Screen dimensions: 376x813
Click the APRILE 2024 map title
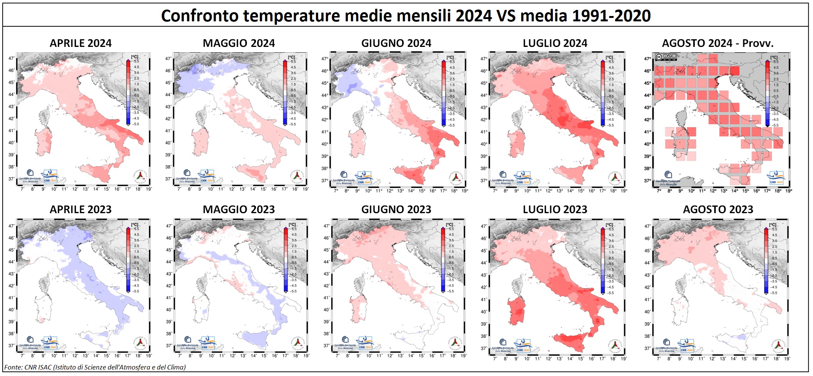coord(80,43)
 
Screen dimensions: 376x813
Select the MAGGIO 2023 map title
coord(238,210)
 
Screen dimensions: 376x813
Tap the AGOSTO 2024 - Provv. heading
coord(718,43)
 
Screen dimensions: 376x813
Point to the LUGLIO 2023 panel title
coord(555,210)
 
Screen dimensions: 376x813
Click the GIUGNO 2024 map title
coord(396,43)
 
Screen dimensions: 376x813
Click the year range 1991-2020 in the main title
coord(612,16)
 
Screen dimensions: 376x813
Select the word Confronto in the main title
coord(200,16)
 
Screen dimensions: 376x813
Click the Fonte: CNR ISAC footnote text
coord(95,367)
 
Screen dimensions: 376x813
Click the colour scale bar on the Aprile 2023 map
coord(128,259)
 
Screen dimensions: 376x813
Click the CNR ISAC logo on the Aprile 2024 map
coord(50,176)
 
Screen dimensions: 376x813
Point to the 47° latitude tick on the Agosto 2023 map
coord(647,226)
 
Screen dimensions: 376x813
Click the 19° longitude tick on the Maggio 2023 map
coord(306,356)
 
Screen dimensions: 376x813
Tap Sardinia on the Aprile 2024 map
coord(43,141)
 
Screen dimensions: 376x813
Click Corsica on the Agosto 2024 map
coord(681,116)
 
